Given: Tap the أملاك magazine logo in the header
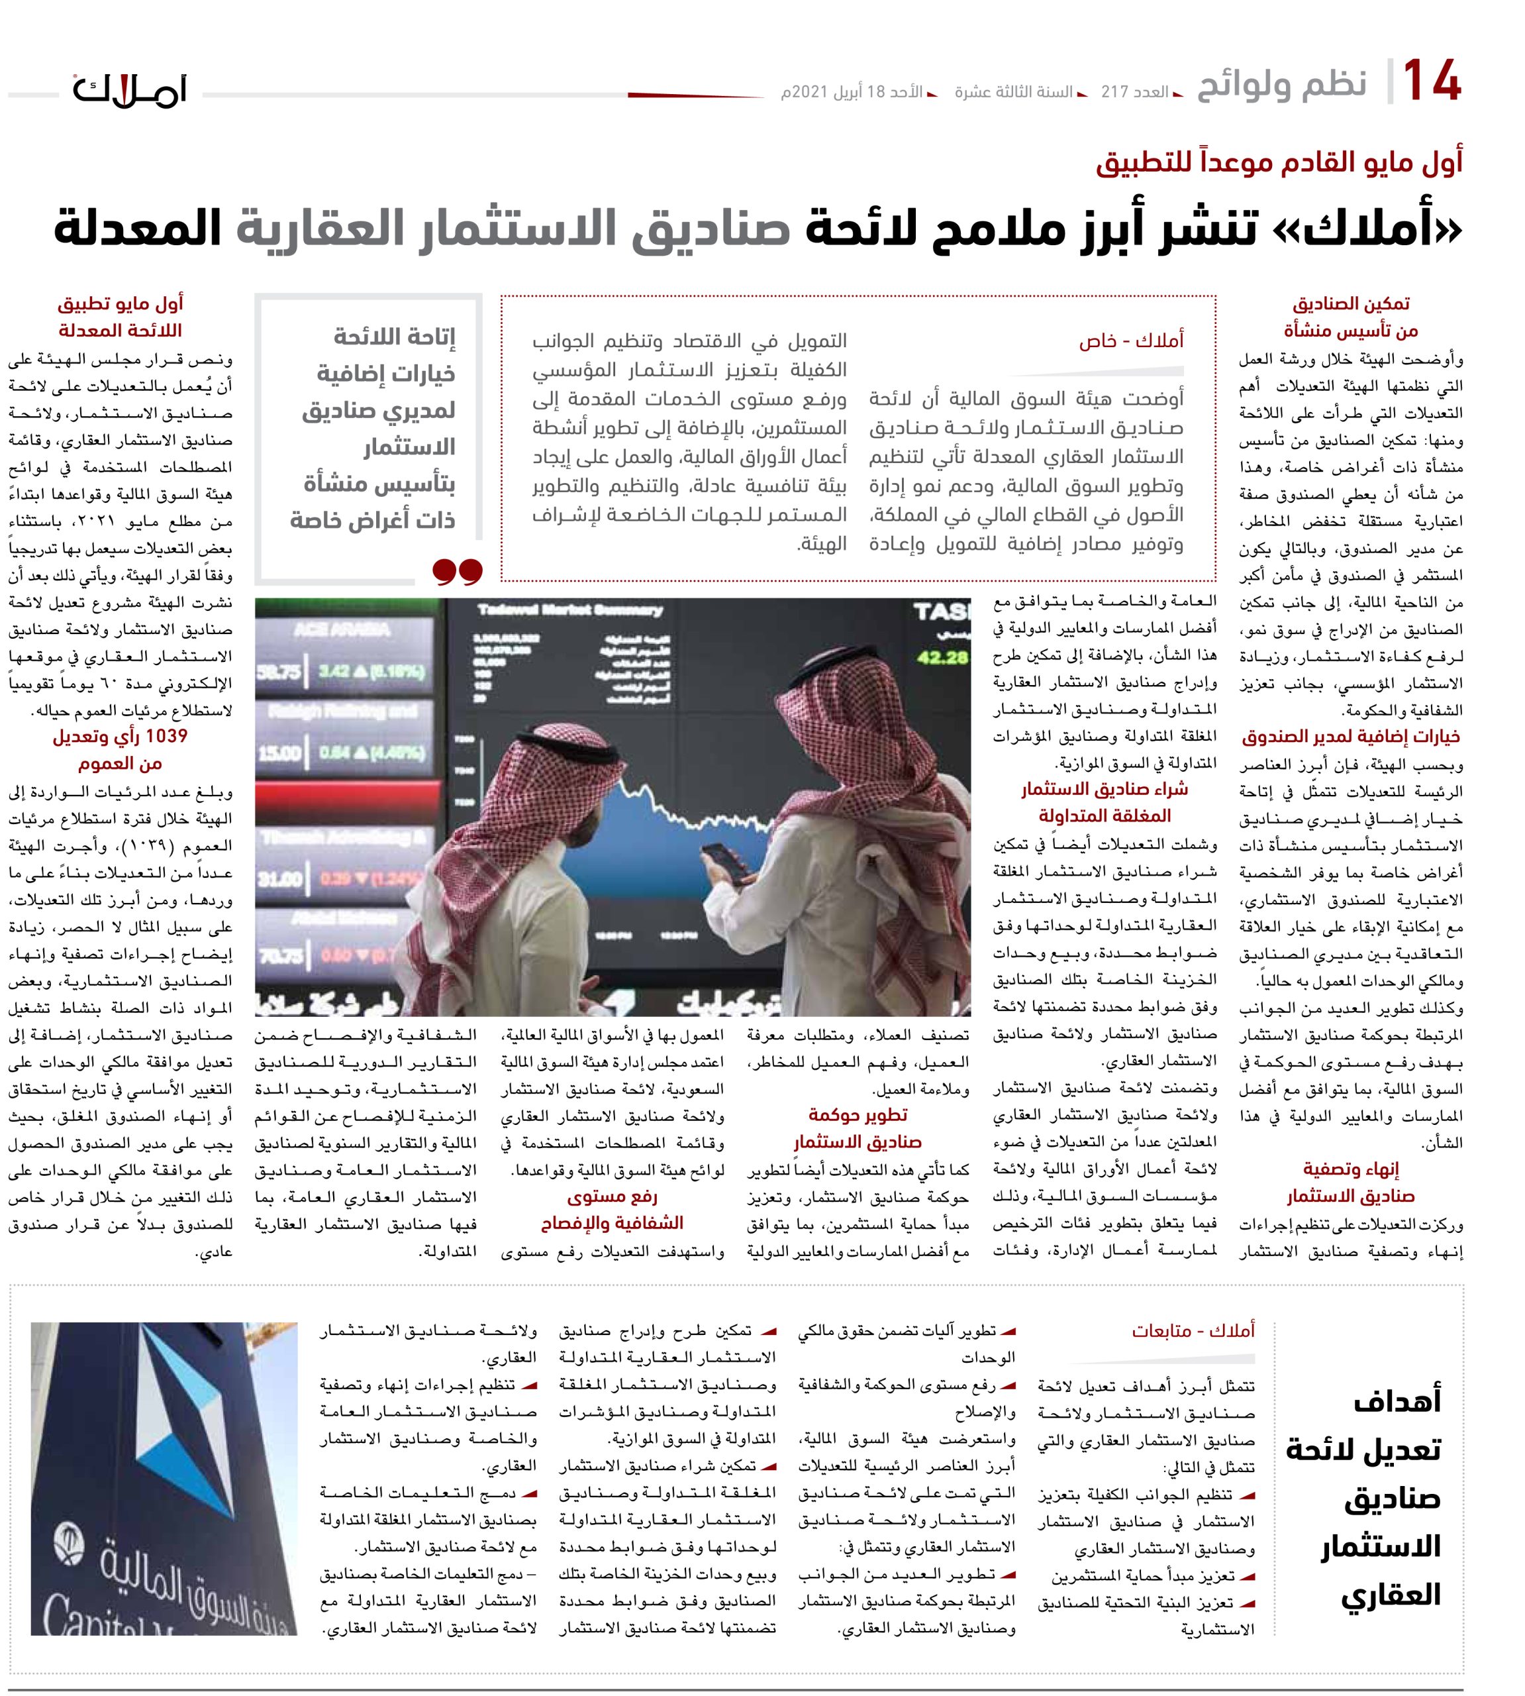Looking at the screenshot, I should [130, 89].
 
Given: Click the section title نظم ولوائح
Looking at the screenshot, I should [1281, 85].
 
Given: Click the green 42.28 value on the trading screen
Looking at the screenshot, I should [941, 657].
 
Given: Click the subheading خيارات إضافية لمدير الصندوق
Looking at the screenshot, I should [1350, 737].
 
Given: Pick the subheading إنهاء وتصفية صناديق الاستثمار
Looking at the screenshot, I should [1350, 1182].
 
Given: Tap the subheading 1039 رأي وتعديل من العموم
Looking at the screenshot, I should [120, 749].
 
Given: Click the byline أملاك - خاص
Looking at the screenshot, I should [1130, 341].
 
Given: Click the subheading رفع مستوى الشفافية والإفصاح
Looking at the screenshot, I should [612, 1209].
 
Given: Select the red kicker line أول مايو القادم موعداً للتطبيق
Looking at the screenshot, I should [1279, 161].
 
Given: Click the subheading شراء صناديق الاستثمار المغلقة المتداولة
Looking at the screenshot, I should [1104, 802].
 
